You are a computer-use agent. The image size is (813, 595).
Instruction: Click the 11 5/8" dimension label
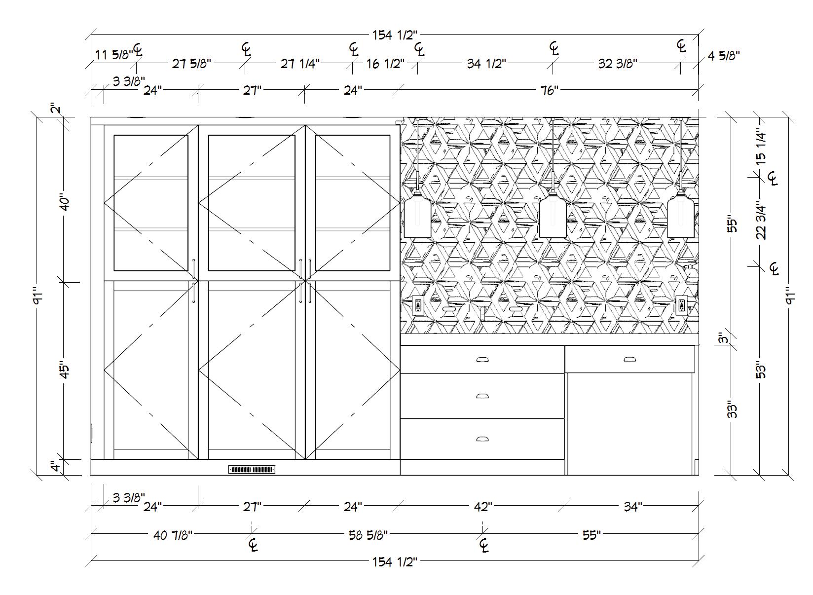point(113,54)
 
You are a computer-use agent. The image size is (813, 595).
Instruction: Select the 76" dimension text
point(549,90)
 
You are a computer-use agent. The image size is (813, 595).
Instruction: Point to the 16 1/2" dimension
point(385,64)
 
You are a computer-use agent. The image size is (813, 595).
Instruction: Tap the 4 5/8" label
point(724,56)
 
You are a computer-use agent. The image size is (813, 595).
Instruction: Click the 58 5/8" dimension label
point(368,535)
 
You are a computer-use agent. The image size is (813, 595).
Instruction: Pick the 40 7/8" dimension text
point(173,535)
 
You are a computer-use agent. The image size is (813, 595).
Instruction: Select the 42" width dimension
point(482,507)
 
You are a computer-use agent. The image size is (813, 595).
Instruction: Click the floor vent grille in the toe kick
point(252,469)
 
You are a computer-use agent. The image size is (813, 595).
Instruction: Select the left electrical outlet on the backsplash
point(418,305)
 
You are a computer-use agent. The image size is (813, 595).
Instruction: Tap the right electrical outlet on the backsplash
point(682,305)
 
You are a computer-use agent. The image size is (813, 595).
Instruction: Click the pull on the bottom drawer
point(482,439)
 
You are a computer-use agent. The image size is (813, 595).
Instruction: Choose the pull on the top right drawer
point(629,359)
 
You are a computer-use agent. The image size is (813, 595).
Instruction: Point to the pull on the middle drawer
point(482,396)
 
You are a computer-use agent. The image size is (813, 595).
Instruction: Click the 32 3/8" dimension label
point(617,64)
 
